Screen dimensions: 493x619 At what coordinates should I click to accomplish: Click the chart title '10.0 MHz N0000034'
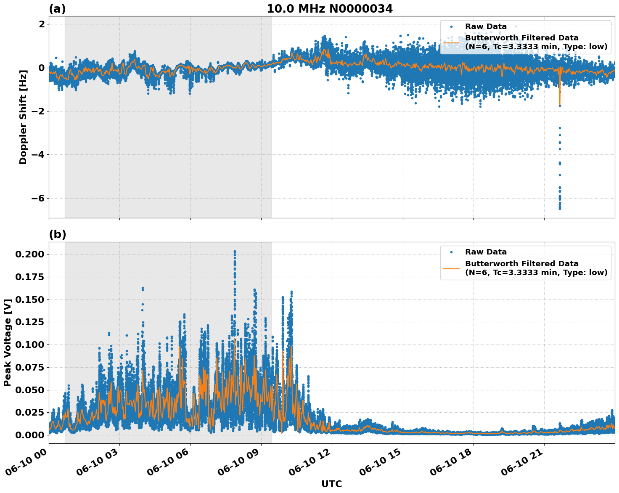click(329, 9)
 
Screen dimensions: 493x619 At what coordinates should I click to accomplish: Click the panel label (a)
click(57, 9)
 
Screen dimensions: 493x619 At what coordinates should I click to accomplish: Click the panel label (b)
click(57, 234)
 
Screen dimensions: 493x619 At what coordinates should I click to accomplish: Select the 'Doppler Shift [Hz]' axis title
click(23, 117)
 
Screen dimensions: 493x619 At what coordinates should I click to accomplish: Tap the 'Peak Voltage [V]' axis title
click(7, 342)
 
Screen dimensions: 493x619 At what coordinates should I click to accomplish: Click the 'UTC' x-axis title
click(331, 484)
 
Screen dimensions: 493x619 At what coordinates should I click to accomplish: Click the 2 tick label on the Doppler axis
click(41, 24)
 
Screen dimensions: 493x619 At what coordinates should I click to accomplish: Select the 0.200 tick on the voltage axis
click(29, 254)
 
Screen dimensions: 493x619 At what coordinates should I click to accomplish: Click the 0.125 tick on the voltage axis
click(29, 322)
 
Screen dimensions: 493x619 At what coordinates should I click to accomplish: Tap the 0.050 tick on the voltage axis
click(29, 390)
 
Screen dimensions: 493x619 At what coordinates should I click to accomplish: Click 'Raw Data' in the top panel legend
click(486, 27)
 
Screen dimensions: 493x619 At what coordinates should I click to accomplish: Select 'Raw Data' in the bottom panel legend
click(486, 252)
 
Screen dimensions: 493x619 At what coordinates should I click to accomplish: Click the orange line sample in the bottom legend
click(451, 268)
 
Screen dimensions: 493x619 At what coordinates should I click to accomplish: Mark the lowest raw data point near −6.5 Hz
click(560, 208)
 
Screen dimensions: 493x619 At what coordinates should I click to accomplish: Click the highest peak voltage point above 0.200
click(235, 252)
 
